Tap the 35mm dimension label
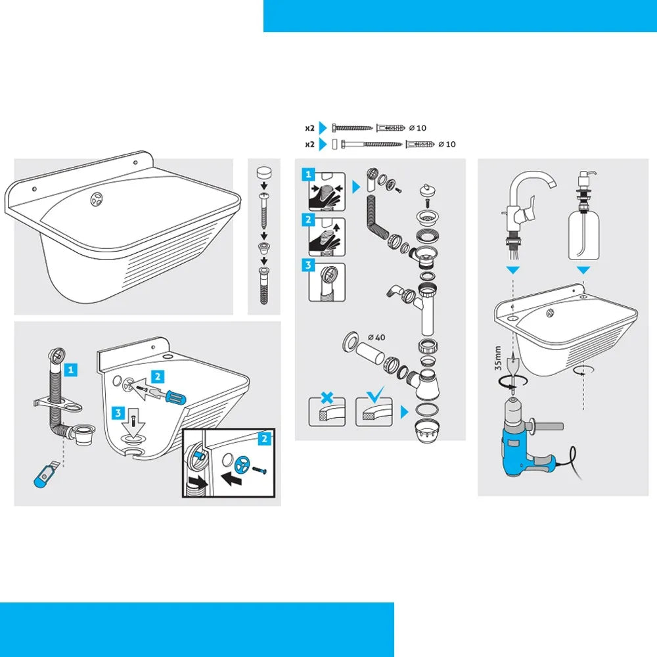(x=498, y=358)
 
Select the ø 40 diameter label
(x=376, y=337)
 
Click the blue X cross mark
(x=327, y=397)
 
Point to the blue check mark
(x=375, y=394)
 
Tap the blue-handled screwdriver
(x=163, y=394)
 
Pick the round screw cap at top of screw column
(x=263, y=173)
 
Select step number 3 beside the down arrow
(x=118, y=413)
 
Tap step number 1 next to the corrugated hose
(x=71, y=369)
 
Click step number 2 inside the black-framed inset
(x=264, y=439)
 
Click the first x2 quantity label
(x=309, y=128)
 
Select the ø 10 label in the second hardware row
(x=447, y=144)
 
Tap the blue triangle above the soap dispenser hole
(x=583, y=270)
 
